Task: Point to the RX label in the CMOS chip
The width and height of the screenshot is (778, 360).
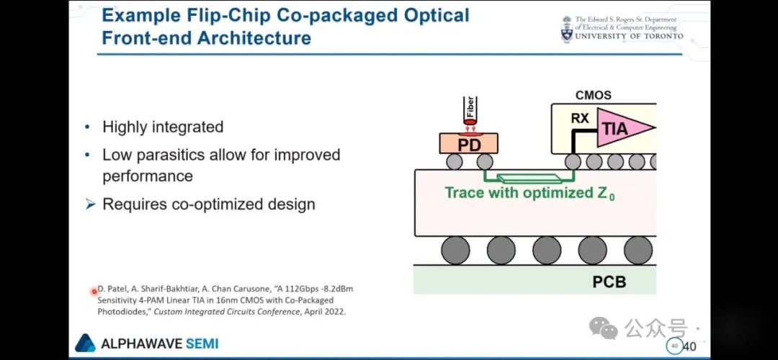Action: point(580,117)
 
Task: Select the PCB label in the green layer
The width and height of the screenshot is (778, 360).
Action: point(609,282)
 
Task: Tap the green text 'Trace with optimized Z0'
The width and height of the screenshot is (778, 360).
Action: point(529,193)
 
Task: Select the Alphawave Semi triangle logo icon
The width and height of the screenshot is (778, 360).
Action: point(85,343)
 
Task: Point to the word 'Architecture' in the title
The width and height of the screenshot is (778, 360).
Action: point(256,37)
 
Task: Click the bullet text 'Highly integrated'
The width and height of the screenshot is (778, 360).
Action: point(163,127)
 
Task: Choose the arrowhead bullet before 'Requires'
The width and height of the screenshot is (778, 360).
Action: point(90,204)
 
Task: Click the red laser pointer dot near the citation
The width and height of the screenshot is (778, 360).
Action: point(94,291)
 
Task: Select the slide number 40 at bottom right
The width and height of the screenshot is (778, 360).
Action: point(689,346)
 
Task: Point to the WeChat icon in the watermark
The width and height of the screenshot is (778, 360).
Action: point(604,328)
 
